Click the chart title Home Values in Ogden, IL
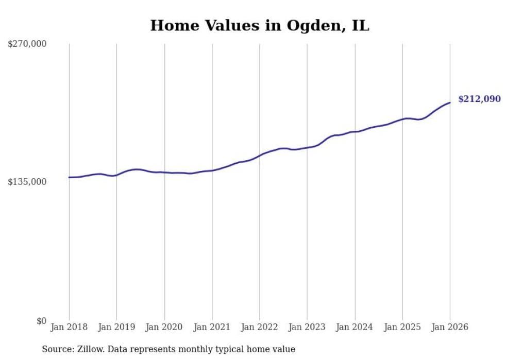[x=259, y=25]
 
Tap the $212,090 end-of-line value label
[x=479, y=99]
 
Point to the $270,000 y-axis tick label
[x=27, y=44]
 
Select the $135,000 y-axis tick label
[x=27, y=182]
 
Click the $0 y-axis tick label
[x=41, y=320]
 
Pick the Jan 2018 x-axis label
[x=69, y=327]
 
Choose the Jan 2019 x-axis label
[x=116, y=327]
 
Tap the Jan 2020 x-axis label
[x=164, y=327]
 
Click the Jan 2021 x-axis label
[x=212, y=327]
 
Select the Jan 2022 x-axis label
[x=260, y=327]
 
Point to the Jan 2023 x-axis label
[x=307, y=327]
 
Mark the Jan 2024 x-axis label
[x=355, y=327]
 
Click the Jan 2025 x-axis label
[x=402, y=327]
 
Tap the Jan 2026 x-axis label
[x=450, y=327]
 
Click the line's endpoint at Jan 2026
[x=450, y=102]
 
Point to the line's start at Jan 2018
[x=69, y=177]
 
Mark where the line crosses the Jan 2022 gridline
[x=260, y=155]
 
